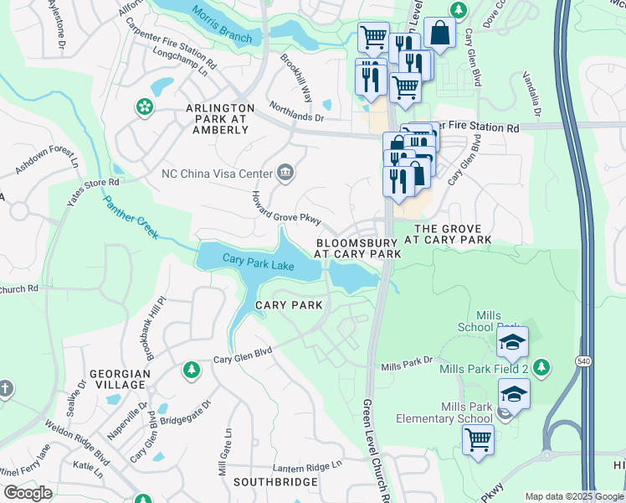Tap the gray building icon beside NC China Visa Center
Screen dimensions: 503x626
[285, 173]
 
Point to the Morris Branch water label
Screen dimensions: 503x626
[222, 23]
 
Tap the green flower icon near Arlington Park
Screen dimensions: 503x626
[145, 106]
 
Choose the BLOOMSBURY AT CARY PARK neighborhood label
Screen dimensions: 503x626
[355, 247]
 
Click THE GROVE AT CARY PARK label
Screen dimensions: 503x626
[449, 234]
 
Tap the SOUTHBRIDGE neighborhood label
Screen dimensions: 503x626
[275, 482]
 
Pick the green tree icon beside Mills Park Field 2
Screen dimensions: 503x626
[542, 366]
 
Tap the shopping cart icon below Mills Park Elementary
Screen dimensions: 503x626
[478, 438]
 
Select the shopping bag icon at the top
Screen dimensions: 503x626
[439, 34]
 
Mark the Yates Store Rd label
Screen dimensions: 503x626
[94, 188]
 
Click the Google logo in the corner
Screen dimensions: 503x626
[28, 492]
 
